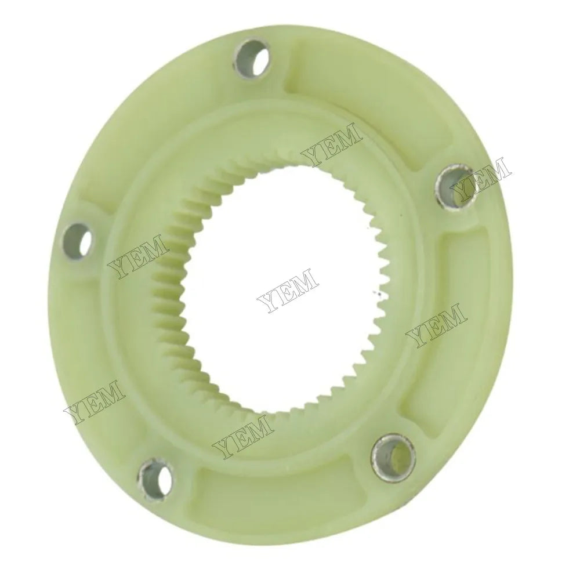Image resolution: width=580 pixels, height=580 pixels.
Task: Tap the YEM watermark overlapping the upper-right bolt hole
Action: coord(481,177)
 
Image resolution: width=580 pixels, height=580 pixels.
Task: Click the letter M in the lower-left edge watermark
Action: coord(111,390)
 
